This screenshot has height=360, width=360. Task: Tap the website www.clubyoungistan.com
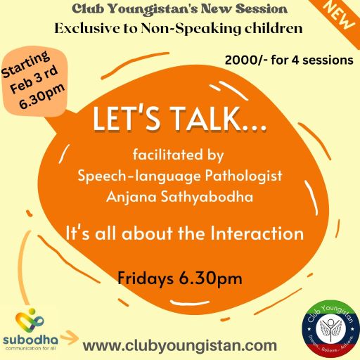180,345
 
